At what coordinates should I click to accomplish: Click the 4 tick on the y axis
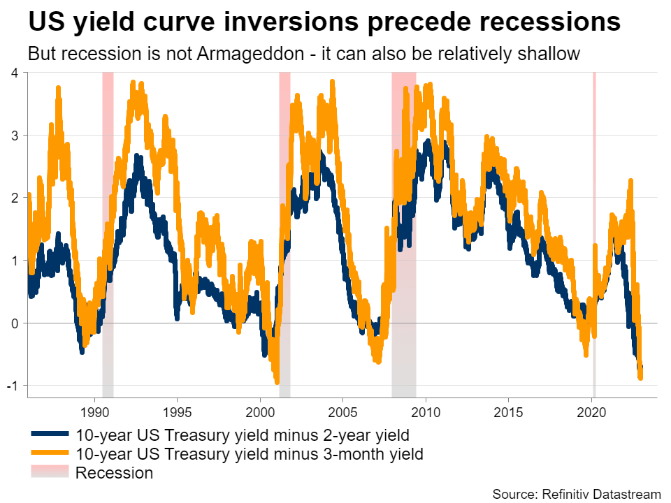point(15,72)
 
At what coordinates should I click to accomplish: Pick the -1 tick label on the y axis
point(13,386)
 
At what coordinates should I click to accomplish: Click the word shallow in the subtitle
point(556,54)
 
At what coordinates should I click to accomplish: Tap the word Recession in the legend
point(114,473)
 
